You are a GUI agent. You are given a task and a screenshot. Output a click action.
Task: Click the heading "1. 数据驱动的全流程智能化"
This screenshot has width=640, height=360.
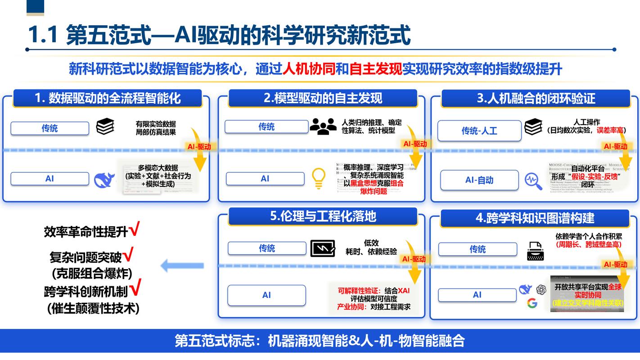pos(108,99)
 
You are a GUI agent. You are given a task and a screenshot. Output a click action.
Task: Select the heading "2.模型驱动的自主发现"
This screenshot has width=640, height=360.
pos(323,98)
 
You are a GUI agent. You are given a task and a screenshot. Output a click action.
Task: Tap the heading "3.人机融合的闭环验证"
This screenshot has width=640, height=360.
pos(536,99)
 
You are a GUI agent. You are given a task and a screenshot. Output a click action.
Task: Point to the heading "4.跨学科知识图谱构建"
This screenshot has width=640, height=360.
pos(535,218)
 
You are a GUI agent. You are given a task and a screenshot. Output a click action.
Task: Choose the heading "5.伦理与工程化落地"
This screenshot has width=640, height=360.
pos(323,216)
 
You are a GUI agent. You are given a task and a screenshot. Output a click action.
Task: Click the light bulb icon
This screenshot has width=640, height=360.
pos(319,178)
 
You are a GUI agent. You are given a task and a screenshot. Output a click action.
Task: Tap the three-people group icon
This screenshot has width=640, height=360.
pos(323,126)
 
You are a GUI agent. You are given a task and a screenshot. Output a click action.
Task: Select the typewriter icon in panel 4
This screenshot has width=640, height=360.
pos(536,251)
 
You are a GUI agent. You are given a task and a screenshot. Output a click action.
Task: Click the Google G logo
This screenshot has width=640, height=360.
pos(532,303)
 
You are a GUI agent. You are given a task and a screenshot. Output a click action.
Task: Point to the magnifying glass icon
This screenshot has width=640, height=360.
pos(533,181)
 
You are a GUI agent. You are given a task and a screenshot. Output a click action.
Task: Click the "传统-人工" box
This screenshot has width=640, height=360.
pos(479,130)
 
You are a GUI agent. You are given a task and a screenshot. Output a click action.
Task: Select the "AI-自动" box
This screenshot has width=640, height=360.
pos(479,180)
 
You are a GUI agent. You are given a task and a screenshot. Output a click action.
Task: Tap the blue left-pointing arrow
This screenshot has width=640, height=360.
pos(182,265)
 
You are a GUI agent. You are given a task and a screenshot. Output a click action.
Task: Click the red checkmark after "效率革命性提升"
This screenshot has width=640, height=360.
pos(135,230)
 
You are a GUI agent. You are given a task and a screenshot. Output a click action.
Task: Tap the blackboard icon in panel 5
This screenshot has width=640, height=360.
pos(323,248)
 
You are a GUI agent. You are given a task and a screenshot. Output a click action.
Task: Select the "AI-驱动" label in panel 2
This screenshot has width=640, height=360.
pos(415,144)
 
